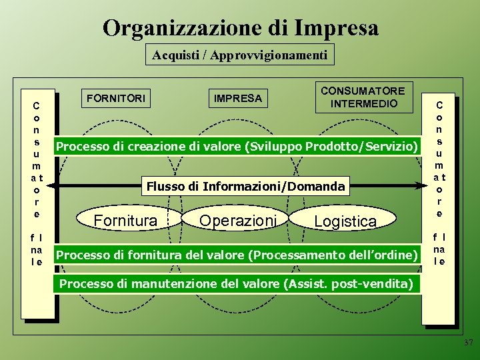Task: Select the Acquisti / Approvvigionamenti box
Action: tap(239, 55)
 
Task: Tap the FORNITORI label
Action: tap(115, 98)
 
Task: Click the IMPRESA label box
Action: tap(237, 98)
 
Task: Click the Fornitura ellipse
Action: tap(126, 220)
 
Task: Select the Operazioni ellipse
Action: tap(237, 220)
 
